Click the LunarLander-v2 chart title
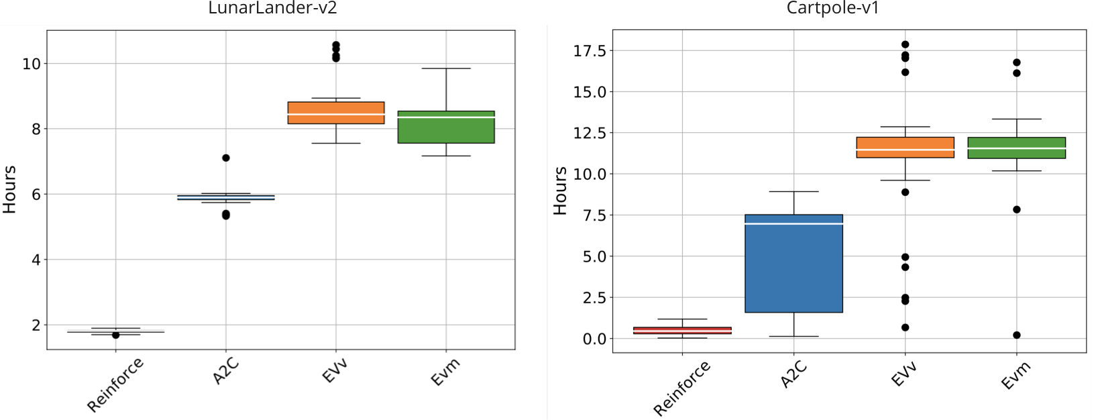[272, 8]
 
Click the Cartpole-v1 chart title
[832, 8]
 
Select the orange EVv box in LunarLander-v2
[336, 113]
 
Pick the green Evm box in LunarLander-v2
[446, 127]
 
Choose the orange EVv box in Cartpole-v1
[905, 147]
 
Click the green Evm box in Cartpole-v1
[1016, 148]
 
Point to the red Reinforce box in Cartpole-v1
[682, 330]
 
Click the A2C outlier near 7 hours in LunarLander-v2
[226, 158]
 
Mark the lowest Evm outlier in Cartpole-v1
[1017, 335]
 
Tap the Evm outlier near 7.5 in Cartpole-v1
[1017, 209]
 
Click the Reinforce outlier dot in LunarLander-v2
[115, 335]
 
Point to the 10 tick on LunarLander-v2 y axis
[32, 64]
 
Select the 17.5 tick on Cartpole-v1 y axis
[590, 51]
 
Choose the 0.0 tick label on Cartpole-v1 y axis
[594, 339]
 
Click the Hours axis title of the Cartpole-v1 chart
[560, 191]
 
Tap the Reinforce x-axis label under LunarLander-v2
[115, 384]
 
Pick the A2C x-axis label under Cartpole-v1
[793, 374]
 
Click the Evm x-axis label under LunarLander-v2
[445, 372]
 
